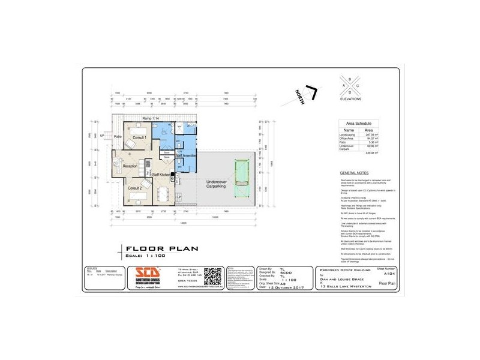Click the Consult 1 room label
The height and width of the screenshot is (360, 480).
(x=140, y=137)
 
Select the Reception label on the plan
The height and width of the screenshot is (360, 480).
(x=130, y=166)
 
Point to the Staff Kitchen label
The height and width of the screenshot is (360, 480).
(x=163, y=174)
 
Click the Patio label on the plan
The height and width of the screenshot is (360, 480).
(x=118, y=136)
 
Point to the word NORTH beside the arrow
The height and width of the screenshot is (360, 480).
(x=301, y=97)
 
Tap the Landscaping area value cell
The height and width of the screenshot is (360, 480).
(x=369, y=134)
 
